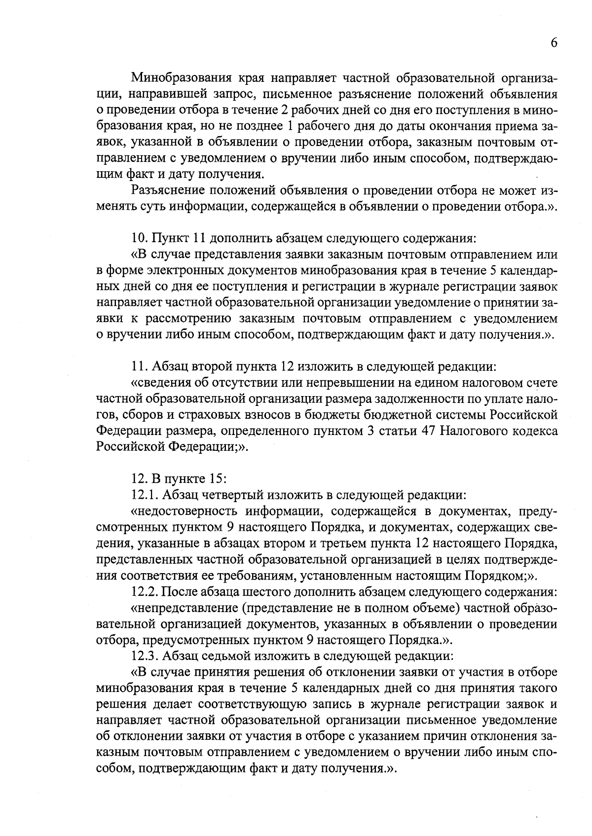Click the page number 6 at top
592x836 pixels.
[554, 43]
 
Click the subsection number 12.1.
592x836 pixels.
[144, 494]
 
